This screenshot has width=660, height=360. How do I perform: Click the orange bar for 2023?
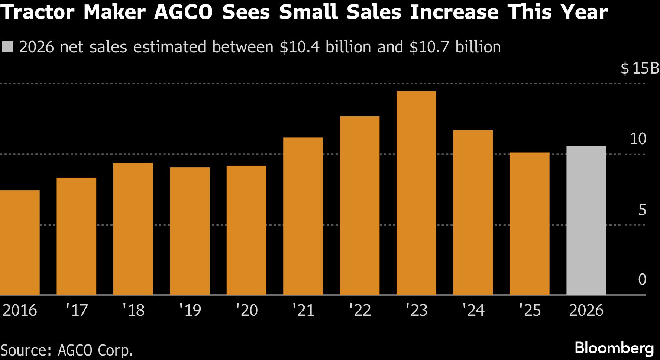pos(416,193)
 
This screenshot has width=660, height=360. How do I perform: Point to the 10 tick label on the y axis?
pos(638,139)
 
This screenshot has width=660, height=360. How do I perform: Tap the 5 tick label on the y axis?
pos(642,210)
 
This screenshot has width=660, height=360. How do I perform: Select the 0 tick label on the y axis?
pos(642,279)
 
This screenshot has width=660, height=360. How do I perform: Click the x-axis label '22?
pos(360,310)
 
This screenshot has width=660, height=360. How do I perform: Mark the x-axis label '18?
pos(133,310)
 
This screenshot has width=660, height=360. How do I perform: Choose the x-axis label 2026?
pos(586,310)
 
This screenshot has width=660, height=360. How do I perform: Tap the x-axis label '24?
pos(473,310)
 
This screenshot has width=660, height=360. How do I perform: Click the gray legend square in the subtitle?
pos(7,47)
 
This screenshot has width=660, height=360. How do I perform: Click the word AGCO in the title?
pos(183,12)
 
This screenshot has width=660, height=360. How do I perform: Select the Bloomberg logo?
pos(614,348)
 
